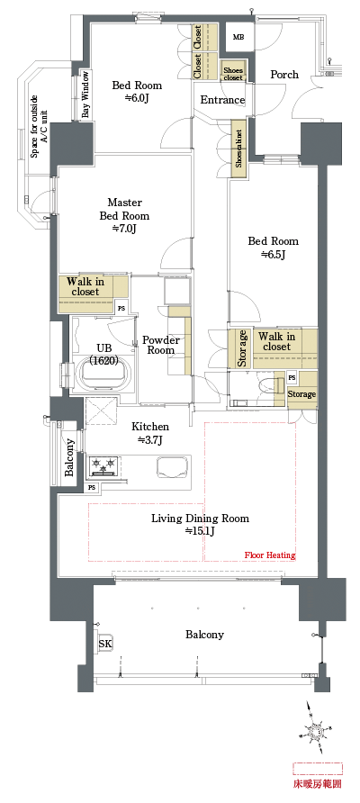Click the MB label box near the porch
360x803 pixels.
(238, 37)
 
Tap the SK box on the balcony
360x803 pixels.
(104, 645)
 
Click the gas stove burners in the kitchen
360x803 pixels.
(104, 466)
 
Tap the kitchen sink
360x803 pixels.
(174, 466)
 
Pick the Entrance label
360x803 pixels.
(222, 100)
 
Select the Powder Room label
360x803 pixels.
(161, 345)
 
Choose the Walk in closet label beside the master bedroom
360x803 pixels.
(86, 286)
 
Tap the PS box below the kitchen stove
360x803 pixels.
(92, 487)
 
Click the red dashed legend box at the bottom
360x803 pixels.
(317, 768)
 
